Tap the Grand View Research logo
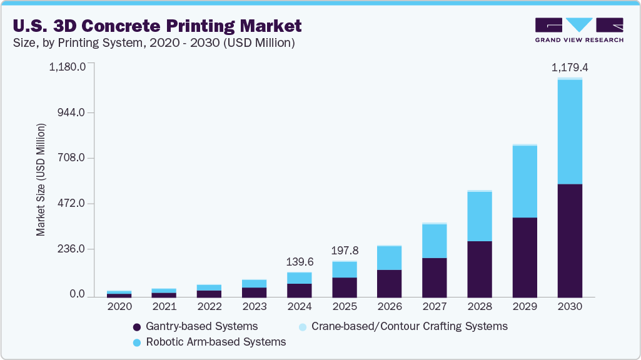pyautogui.click(x=578, y=29)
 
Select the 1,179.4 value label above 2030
pyautogui.click(x=570, y=67)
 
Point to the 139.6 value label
pyautogui.click(x=300, y=261)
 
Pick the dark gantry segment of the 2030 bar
pyautogui.click(x=570, y=240)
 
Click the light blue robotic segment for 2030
pyautogui.click(x=570, y=132)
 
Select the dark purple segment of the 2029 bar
pyautogui.click(x=525, y=257)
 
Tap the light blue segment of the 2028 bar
pyautogui.click(x=480, y=216)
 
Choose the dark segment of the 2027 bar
pyautogui.click(x=435, y=277)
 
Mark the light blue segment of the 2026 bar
pyautogui.click(x=390, y=258)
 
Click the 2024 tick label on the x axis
pyautogui.click(x=300, y=307)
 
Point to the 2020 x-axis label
pyautogui.click(x=119, y=307)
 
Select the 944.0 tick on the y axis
pyautogui.click(x=73, y=112)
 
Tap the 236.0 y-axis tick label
pyautogui.click(x=73, y=249)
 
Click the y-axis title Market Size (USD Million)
pyautogui.click(x=41, y=179)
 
